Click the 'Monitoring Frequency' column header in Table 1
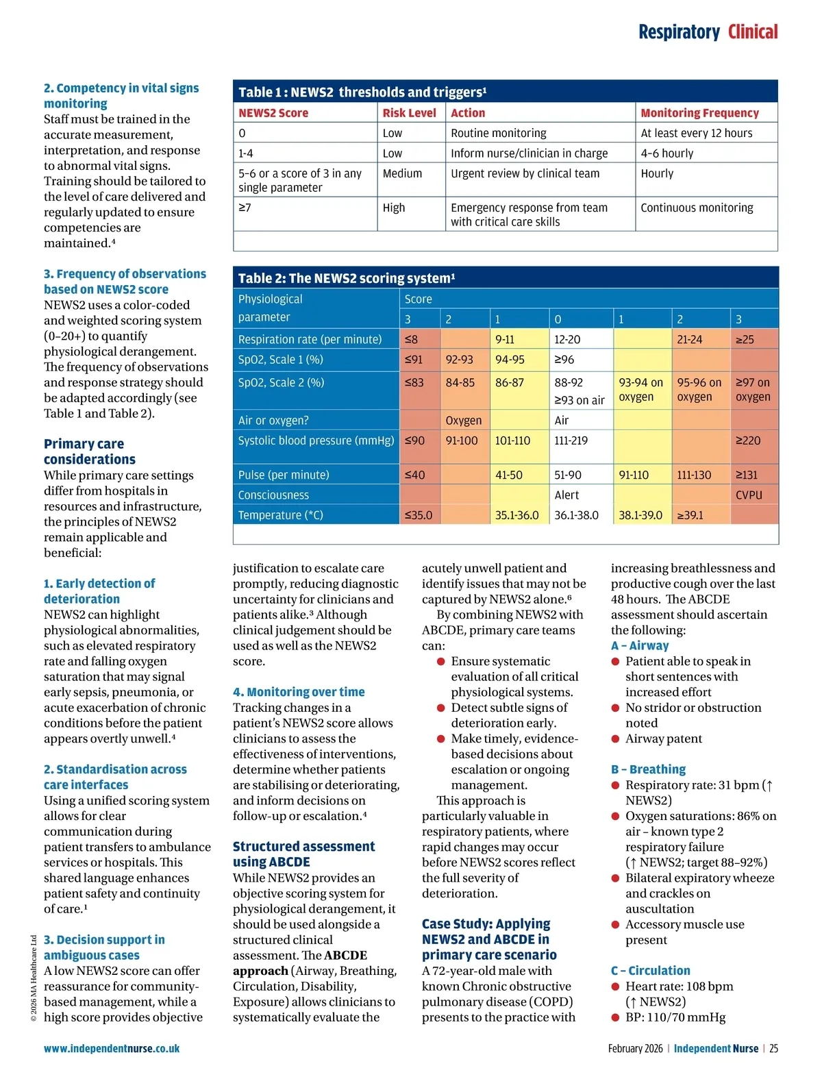[699, 113]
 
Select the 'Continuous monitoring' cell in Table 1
[697, 208]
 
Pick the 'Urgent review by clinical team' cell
[525, 174]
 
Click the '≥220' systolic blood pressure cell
[748, 441]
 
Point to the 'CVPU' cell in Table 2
[749, 495]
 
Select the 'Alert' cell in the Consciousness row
[566, 495]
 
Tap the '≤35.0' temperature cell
[419, 515]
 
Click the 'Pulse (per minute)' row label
[284, 475]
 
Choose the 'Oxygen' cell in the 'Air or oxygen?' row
[464, 421]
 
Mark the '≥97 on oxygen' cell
[753, 390]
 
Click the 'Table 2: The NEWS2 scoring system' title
[346, 278]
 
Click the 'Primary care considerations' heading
[89, 451]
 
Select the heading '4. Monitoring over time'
[299, 692]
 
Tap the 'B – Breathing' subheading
[648, 769]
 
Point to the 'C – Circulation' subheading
[650, 971]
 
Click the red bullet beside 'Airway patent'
[615, 739]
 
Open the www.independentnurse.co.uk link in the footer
[112, 1048]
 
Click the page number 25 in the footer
[773, 1048]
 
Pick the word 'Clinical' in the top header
[752, 32]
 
